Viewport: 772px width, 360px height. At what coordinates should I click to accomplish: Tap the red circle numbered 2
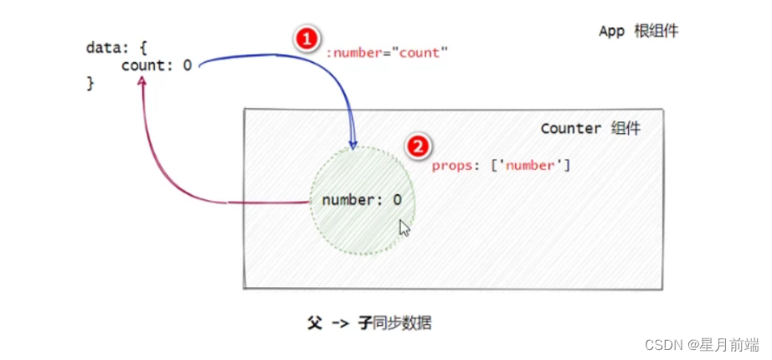pyautogui.click(x=418, y=147)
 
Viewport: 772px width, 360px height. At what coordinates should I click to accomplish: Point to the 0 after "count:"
pyautogui.click(x=187, y=65)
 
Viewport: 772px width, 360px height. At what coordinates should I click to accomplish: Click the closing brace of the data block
pyautogui.click(x=90, y=83)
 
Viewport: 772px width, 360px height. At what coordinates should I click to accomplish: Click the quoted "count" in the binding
pyautogui.click(x=420, y=53)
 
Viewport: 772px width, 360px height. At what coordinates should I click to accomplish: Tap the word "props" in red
pyautogui.click(x=452, y=166)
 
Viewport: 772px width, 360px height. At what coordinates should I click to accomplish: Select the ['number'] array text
pyautogui.click(x=531, y=166)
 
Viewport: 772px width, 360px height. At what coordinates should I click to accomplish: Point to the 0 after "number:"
pyautogui.click(x=398, y=200)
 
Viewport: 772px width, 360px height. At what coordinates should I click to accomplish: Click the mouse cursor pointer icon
pyautogui.click(x=404, y=228)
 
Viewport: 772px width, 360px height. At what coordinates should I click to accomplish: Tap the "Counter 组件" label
pyautogui.click(x=590, y=129)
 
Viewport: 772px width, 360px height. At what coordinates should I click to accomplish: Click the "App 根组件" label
pyautogui.click(x=639, y=31)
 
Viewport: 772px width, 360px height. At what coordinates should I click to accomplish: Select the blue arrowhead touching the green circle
pyautogui.click(x=353, y=142)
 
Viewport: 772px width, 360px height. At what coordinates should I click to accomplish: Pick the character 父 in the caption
pyautogui.click(x=314, y=323)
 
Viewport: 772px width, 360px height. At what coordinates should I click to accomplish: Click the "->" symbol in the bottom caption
pyautogui.click(x=340, y=324)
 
